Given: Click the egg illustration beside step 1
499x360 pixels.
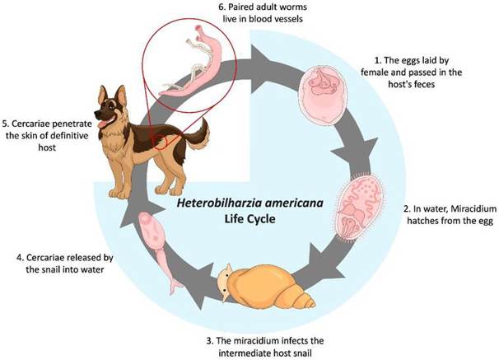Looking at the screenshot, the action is (324, 96).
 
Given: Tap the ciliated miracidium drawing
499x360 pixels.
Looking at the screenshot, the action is (360, 207).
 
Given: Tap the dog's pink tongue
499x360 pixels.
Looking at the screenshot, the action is (103, 124).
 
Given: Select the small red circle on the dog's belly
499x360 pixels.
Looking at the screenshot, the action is (161, 142).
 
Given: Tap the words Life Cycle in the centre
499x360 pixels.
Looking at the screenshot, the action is (249, 218).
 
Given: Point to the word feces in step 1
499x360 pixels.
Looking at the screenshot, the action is (423, 84).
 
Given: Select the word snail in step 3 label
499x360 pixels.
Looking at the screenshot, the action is (301, 353).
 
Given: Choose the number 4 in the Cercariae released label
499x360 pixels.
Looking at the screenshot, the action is (19, 258).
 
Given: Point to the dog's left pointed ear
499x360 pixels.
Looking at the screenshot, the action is (102, 95).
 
